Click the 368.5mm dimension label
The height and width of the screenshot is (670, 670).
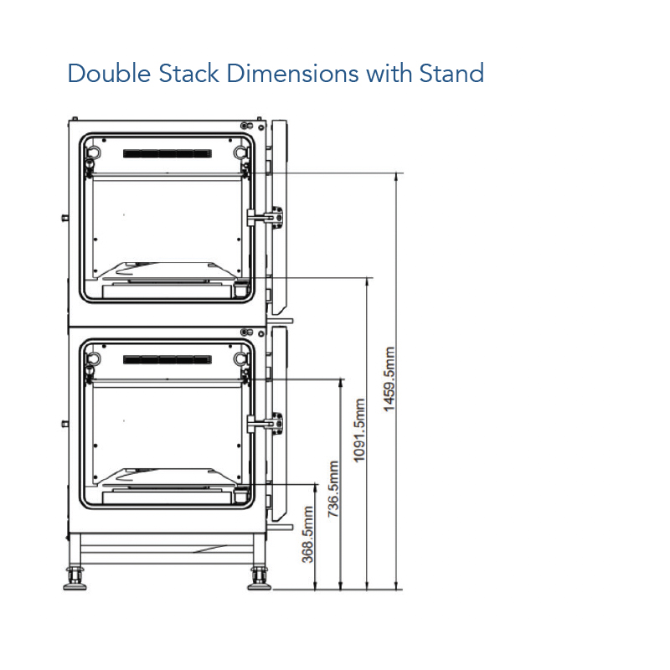click(x=307, y=534)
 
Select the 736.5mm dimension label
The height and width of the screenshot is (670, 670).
click(x=332, y=489)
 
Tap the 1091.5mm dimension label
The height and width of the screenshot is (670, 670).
click(x=359, y=430)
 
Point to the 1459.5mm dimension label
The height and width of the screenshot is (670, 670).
click(x=389, y=379)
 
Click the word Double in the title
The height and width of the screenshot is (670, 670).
click(x=110, y=73)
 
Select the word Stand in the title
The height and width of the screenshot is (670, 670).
click(x=451, y=73)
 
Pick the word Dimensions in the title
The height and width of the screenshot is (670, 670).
click(x=292, y=73)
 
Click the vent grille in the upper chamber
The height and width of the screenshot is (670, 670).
click(x=167, y=153)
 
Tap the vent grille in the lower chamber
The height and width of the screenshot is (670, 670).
click(x=167, y=360)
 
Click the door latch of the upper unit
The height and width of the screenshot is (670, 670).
click(x=265, y=217)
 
